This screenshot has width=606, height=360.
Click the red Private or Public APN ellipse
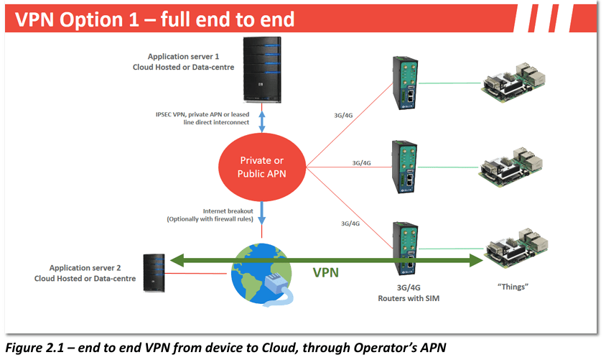(x=261, y=167)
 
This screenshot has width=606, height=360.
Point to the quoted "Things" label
(x=513, y=286)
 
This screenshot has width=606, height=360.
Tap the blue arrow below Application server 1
(x=262, y=121)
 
